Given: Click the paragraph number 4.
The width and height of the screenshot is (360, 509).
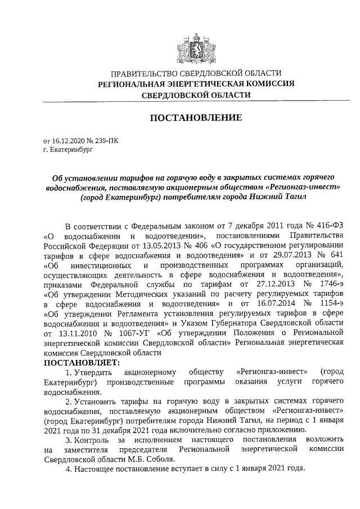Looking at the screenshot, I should (68, 469).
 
